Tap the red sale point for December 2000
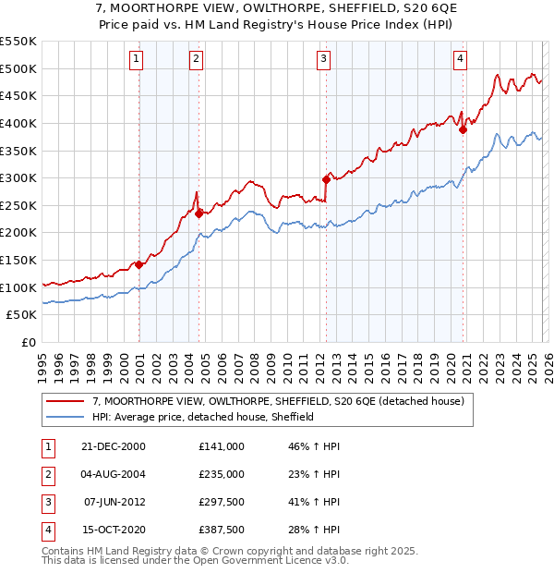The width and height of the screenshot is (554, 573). [x=138, y=264]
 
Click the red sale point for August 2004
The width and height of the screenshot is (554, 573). [x=199, y=213]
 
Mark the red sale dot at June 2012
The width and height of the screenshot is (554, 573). [x=326, y=179]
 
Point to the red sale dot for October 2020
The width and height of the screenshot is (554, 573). [x=463, y=130]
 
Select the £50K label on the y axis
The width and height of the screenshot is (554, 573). [x=22, y=315]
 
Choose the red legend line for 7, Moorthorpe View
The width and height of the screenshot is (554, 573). [x=66, y=401]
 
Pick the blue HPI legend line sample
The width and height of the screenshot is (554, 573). [x=66, y=417]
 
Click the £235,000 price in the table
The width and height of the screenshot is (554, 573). [x=222, y=474]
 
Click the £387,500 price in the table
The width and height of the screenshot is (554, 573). [x=222, y=530]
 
